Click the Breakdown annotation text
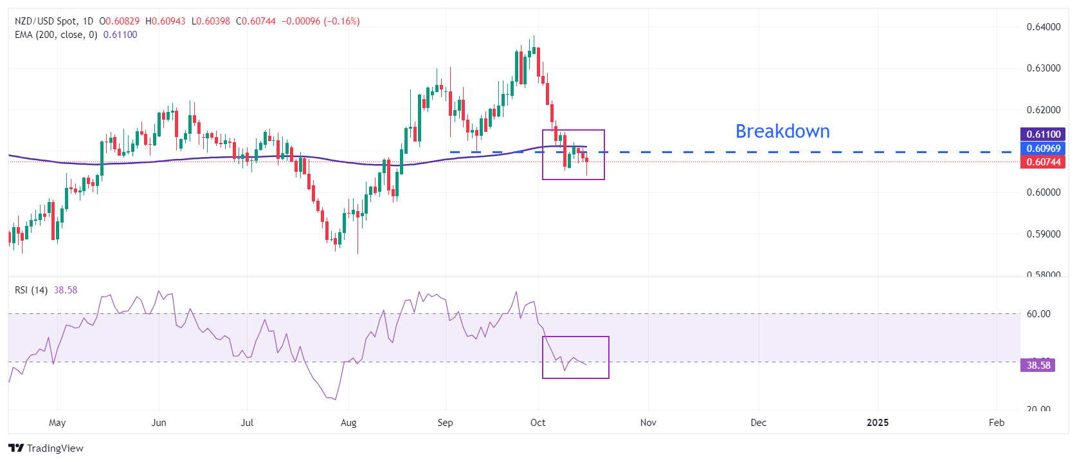coord(782,131)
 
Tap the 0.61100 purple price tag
coord(1043,134)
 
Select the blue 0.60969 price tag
coord(1043,149)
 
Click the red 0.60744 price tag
coord(1043,162)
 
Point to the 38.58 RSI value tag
coord(1038,365)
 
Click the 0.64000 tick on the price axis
coord(1043,27)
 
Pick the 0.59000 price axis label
coord(1043,234)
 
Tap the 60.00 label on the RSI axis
coord(1038,314)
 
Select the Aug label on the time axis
coord(348,423)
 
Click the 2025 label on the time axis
coord(877,423)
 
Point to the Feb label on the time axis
coord(996,423)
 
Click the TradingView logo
coord(46,448)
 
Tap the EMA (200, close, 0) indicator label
coord(56,35)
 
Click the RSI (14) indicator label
coord(31,290)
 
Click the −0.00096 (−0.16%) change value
coord(320,21)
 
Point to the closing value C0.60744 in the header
coord(256,21)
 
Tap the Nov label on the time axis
coord(648,423)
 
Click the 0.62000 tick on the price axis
coord(1043,110)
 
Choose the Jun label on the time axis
coord(158,423)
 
